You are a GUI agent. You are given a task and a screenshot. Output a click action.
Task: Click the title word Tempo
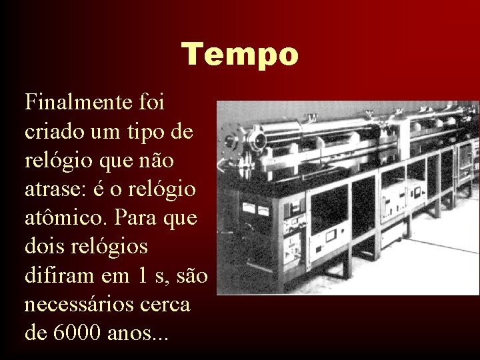240,53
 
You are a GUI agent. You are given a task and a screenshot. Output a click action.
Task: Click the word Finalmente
73,103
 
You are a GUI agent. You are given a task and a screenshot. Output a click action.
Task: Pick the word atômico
65,218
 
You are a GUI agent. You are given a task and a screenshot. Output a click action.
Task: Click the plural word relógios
110,247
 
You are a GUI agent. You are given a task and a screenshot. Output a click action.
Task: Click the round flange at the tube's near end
256,141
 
